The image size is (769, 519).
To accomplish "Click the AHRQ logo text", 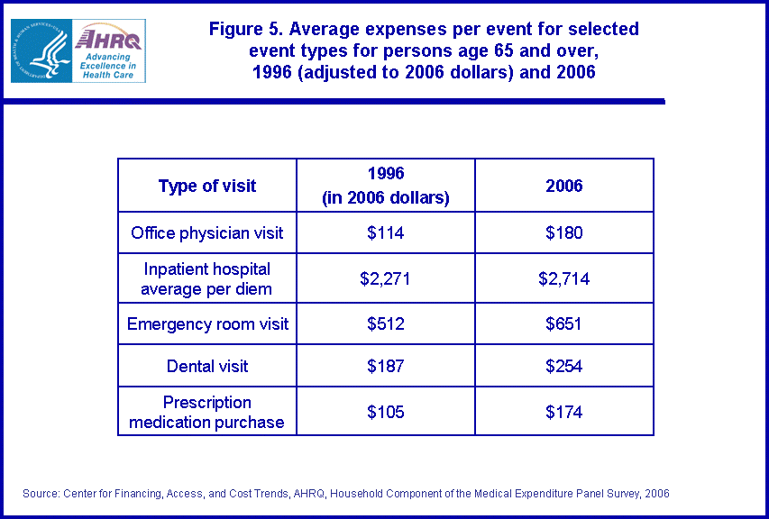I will click(107, 39).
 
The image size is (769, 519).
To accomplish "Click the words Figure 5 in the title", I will click(240, 29).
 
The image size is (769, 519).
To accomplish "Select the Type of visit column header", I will click(207, 187).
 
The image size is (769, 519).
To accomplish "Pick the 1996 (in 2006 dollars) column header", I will click(385, 187).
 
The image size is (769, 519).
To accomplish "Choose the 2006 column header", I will click(564, 187).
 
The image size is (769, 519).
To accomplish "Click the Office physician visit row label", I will click(207, 233).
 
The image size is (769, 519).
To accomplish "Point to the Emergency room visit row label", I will click(207, 323).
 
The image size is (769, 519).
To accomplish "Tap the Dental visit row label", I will click(207, 367).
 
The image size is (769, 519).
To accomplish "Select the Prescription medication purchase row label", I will click(207, 413).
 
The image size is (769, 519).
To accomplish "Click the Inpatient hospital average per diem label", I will click(207, 278).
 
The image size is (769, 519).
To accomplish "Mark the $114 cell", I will click(385, 233).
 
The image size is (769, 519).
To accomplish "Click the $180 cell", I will click(564, 233).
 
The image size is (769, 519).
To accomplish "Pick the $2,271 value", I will click(385, 279).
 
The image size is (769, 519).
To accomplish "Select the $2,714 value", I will click(564, 279).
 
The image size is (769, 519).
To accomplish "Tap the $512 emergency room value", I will click(385, 323).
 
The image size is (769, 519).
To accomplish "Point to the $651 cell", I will click(564, 323).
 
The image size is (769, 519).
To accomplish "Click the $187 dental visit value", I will click(385, 367).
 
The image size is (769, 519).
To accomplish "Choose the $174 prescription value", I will click(564, 413).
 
